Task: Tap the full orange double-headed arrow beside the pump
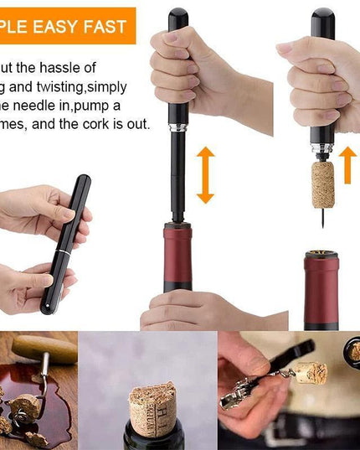(x=205, y=175)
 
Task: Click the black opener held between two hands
(x=65, y=243)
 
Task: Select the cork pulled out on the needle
(x=322, y=184)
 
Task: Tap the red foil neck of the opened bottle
(x=321, y=289)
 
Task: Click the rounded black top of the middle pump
(x=177, y=18)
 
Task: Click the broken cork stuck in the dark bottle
(x=152, y=410)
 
